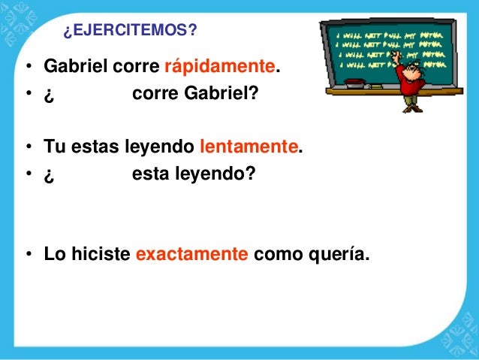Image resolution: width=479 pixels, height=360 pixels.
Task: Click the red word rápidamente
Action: tap(218, 68)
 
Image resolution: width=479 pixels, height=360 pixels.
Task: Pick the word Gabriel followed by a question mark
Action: tap(218, 95)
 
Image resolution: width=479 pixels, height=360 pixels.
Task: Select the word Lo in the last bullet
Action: tap(53, 255)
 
